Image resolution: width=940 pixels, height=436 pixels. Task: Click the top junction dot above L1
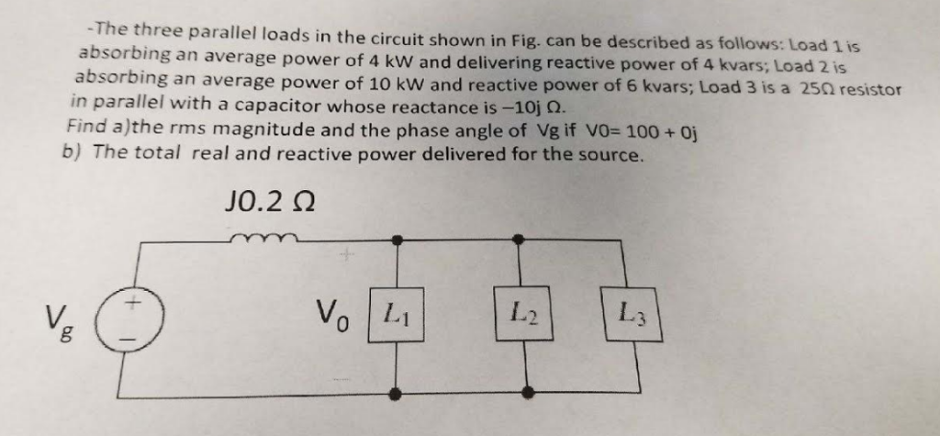[397, 240]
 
